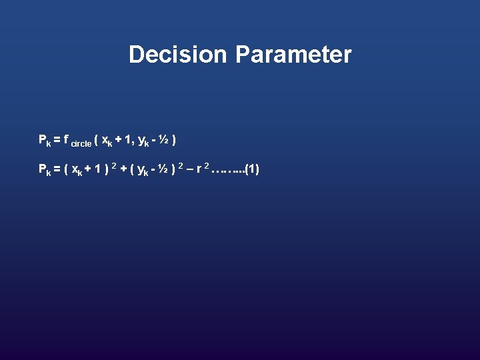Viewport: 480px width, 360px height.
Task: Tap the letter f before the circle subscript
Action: point(67,139)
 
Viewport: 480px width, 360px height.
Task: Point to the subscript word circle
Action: point(81,143)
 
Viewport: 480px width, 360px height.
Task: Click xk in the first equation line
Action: point(107,141)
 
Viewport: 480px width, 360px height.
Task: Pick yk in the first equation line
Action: point(143,141)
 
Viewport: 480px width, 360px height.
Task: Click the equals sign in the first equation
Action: point(57,140)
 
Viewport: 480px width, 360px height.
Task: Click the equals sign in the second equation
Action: point(57,169)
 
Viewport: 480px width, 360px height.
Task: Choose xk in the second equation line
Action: point(77,170)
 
